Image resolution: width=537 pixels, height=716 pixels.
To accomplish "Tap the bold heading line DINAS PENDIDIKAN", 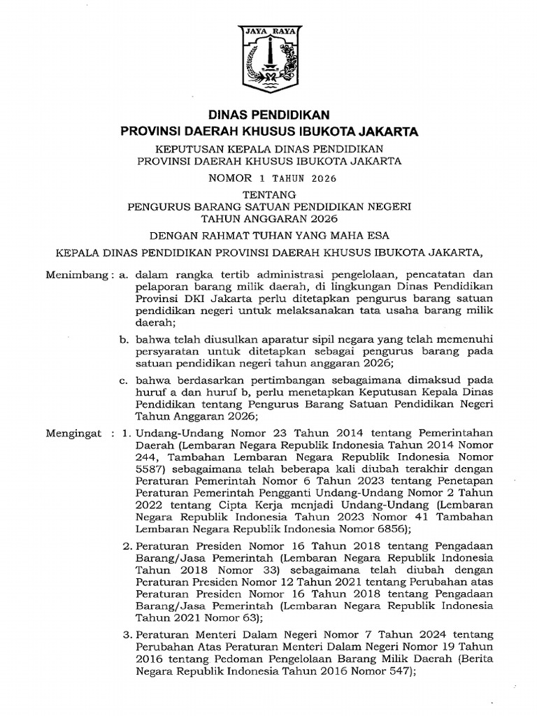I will tap(268, 115).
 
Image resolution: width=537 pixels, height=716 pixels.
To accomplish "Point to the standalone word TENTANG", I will tap(268, 194).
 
